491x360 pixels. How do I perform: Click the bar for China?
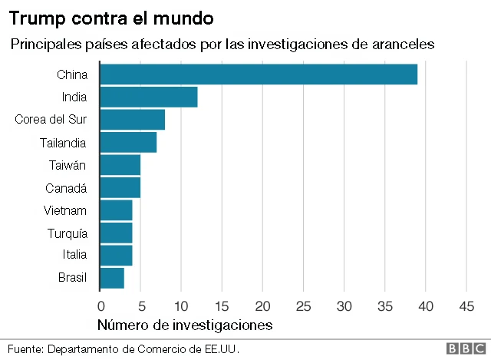click(259, 74)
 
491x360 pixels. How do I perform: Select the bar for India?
click(149, 97)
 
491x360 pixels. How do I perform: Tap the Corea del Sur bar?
click(132, 120)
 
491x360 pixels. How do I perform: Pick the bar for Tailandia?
click(128, 142)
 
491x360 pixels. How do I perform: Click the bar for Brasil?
click(112, 277)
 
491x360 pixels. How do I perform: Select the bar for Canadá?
click(120, 187)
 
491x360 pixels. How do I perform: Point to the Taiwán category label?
click(68, 165)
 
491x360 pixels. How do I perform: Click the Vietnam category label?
click(65, 210)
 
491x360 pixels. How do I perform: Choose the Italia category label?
click(74, 255)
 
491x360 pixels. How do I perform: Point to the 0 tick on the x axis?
click(100, 306)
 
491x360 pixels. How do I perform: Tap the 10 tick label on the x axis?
click(181, 306)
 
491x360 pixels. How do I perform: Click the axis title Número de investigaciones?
click(184, 325)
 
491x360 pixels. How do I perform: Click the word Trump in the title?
click(35, 16)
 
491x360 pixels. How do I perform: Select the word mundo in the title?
click(187, 16)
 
